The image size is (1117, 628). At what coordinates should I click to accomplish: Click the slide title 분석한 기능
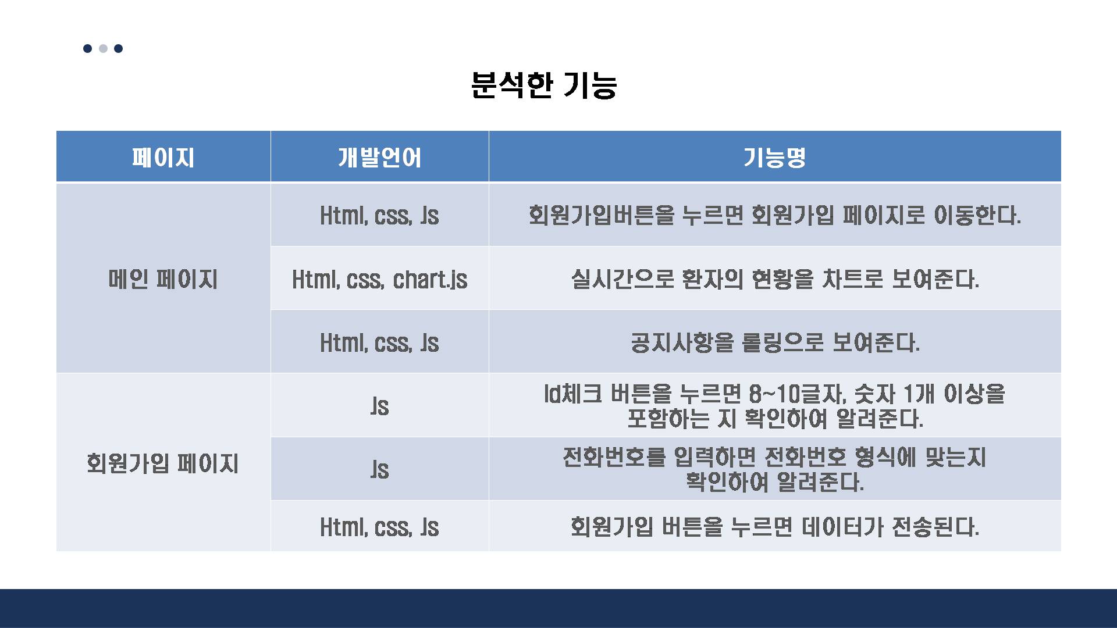pos(544,85)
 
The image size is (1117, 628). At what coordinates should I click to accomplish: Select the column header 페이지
pos(163,158)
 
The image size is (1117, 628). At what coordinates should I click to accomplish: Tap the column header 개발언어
pos(379,158)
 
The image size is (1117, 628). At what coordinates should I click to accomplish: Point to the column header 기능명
pos(774,158)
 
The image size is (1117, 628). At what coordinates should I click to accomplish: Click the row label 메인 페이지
pos(163,279)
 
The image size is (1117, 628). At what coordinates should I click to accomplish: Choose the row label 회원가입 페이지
pos(163,463)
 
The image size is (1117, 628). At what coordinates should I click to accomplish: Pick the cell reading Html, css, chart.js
pos(379,279)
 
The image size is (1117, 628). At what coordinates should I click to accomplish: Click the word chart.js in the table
pos(430,279)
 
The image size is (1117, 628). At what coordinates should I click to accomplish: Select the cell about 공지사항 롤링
pos(774,342)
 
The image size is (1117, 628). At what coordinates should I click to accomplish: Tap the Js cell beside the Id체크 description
pos(379,406)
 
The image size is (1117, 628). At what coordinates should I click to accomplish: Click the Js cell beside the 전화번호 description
pos(379,469)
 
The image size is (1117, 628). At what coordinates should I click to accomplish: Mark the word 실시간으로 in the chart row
pos(622,279)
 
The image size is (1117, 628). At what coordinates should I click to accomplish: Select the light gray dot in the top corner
pos(103,48)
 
